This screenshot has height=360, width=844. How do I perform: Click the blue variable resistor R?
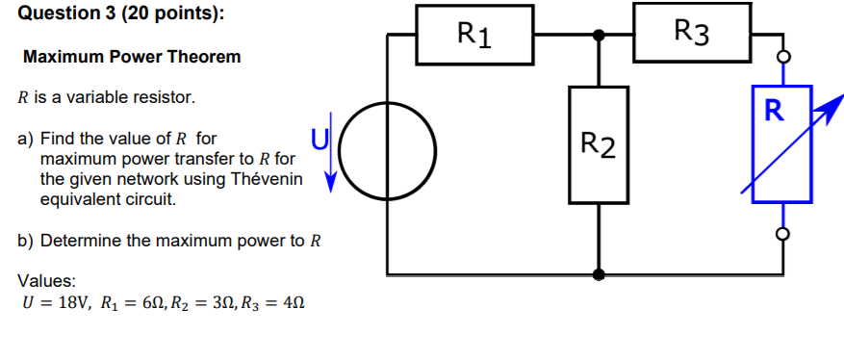click(x=781, y=144)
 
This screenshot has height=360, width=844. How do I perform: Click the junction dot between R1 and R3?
click(x=599, y=35)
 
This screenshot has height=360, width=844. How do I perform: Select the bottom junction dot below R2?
click(x=599, y=273)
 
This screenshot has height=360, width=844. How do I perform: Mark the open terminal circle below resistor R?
click(x=781, y=233)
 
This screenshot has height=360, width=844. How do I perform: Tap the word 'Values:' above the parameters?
click(x=47, y=281)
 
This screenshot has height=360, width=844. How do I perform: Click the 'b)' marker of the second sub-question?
click(x=26, y=241)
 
